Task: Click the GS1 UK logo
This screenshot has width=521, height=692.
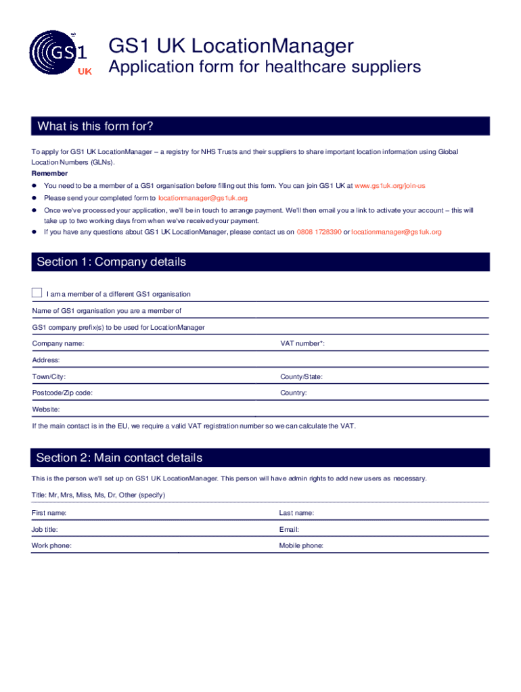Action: coord(58,54)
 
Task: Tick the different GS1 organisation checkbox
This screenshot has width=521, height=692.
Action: coord(37,293)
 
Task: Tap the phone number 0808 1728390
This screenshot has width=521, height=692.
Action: coord(319,232)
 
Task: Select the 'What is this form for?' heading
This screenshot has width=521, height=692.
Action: coord(95,126)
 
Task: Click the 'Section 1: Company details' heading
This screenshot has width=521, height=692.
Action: coord(111,262)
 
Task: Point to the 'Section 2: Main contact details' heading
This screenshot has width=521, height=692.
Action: coord(119,458)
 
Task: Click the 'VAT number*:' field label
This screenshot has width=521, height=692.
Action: coord(302,344)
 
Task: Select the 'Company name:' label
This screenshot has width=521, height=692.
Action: coord(58,344)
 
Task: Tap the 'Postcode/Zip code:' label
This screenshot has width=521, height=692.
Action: coord(62,393)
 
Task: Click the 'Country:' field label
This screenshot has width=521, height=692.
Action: coord(294,393)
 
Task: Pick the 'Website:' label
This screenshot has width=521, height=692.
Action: coord(46,410)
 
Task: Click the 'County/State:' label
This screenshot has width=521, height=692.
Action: coord(301,376)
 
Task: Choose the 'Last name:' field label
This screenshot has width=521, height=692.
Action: coord(296,513)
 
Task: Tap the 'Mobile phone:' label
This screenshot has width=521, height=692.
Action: coord(301,545)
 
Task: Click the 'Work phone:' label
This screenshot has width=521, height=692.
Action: coord(51,545)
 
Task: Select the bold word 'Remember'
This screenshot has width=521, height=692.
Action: coord(49,174)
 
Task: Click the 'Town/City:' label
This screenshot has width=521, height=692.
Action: coord(49,376)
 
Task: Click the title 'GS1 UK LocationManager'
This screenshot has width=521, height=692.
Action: coord(231,47)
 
